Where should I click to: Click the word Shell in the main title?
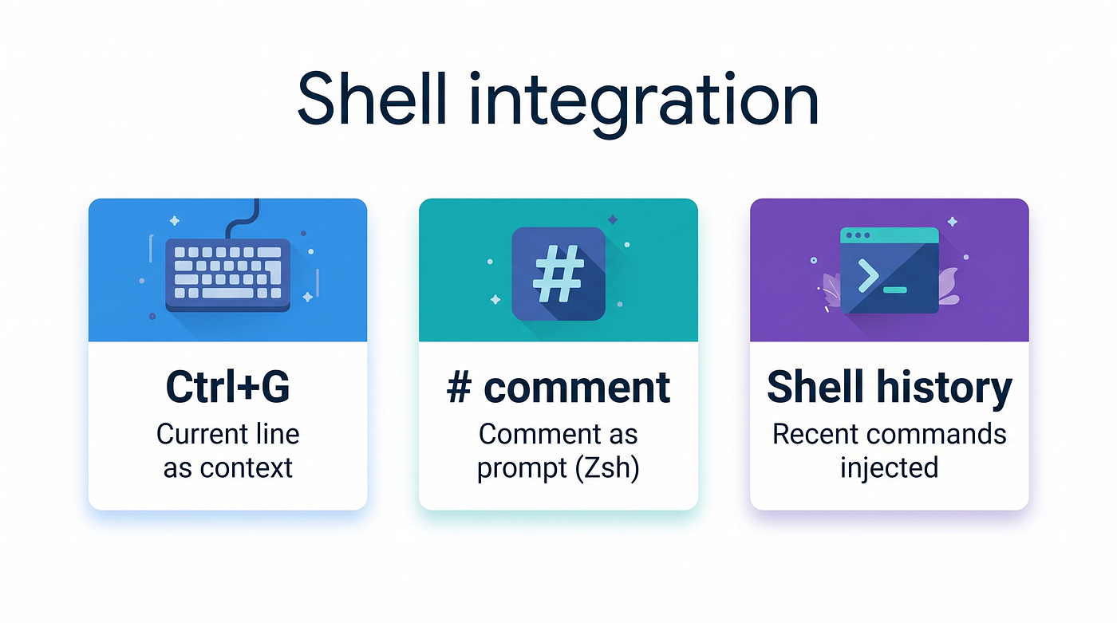[x=372, y=99]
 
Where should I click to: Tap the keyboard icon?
[x=228, y=274]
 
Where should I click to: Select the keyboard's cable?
[x=243, y=219]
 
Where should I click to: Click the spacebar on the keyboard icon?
[x=227, y=293]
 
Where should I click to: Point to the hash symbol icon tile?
[x=558, y=274]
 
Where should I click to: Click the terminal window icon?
[x=889, y=270]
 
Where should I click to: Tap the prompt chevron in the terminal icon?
[x=868, y=276]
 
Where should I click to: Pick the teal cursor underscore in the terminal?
[x=894, y=290]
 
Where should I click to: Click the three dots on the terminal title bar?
[x=858, y=235]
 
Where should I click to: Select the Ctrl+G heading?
[x=227, y=387]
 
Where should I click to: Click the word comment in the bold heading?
[x=577, y=388]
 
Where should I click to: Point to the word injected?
[x=889, y=468]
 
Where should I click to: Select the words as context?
[x=228, y=468]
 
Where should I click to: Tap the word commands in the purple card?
[x=936, y=434]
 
